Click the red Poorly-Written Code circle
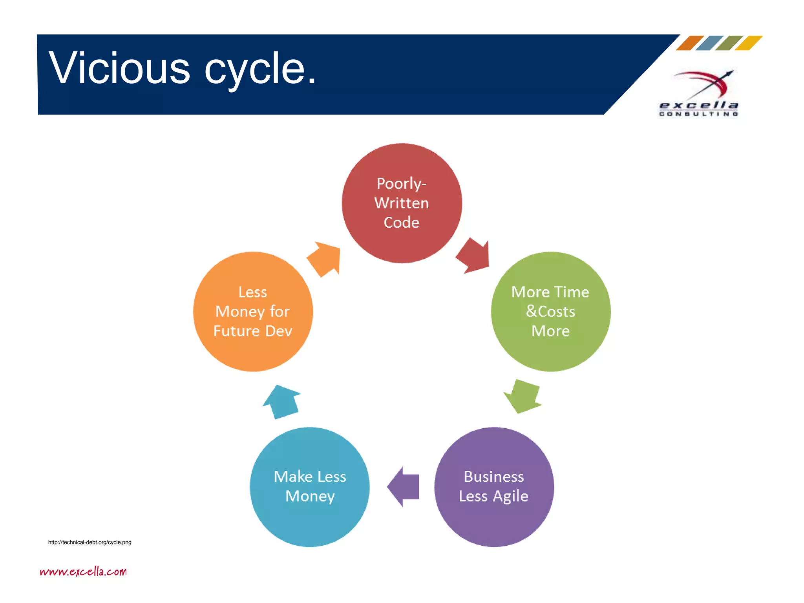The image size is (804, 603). tap(402, 203)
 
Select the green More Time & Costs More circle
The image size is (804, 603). tap(550, 311)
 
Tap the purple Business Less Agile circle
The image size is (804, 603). tap(494, 487)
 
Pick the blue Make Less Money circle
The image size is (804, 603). tap(310, 487)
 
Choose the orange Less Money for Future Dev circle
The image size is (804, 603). tap(253, 311)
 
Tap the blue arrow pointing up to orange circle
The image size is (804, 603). tap(282, 402)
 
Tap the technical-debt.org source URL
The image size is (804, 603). tap(90, 542)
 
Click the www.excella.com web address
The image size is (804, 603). tap(83, 571)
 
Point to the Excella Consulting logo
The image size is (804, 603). tap(699, 93)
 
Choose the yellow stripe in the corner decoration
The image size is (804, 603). tap(748, 43)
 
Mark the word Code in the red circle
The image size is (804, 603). tap(401, 223)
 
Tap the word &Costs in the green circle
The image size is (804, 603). tap(550, 311)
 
